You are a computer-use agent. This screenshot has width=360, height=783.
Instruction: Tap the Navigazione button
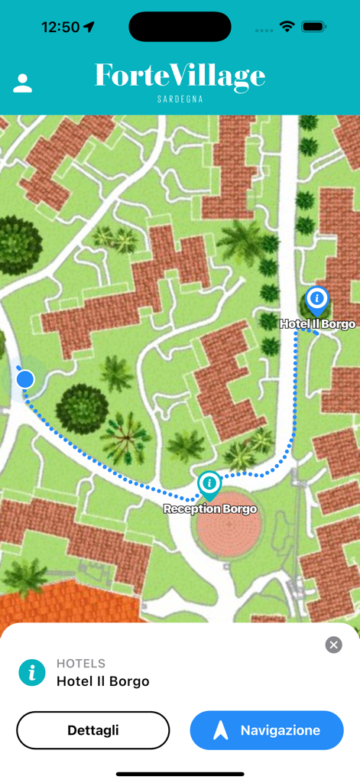pos(267,730)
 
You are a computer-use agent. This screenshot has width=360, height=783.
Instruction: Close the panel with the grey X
pos(333,645)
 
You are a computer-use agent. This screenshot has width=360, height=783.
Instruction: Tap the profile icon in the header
pos(23,83)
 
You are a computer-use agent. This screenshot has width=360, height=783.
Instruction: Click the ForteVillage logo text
pos(180,76)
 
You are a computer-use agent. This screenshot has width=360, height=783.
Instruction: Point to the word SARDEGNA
pos(180,99)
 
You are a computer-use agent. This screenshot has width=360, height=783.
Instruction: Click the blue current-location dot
pos(25,379)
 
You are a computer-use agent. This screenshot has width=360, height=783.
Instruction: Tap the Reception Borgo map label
pos(210,508)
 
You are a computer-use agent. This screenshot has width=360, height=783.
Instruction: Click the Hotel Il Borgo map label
pos(317,324)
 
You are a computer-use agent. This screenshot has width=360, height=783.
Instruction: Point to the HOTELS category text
pos(81,664)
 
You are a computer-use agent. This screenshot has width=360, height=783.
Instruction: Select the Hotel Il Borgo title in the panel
pos(103,681)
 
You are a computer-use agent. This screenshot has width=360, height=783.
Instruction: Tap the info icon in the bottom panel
pos(32,672)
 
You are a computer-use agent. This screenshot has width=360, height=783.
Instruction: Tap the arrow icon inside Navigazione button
pos(221,730)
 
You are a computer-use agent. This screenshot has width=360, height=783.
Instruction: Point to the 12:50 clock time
pos(60,27)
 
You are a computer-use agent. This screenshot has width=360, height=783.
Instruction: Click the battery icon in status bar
pos(314,27)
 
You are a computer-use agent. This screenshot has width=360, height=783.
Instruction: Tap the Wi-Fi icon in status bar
pos(287,27)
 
